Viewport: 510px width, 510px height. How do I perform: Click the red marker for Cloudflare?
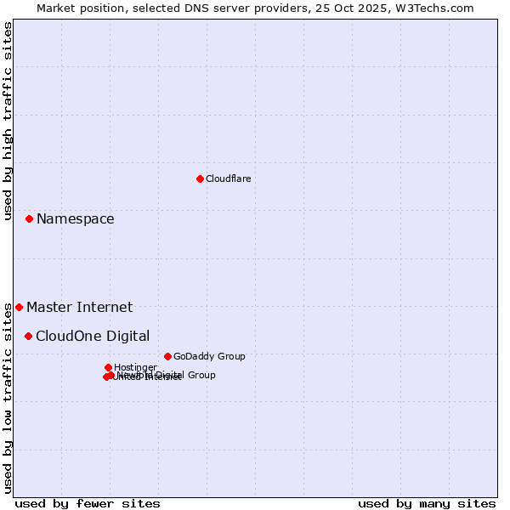(x=200, y=178)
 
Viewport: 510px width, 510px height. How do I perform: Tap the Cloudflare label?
(x=228, y=178)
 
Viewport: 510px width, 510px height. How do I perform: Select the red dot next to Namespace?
(x=29, y=218)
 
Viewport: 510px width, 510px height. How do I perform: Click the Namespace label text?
(x=75, y=219)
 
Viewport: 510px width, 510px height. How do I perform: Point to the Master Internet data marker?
(x=19, y=307)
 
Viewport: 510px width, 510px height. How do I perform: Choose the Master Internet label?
(x=79, y=308)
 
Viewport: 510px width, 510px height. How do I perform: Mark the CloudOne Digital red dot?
(x=28, y=336)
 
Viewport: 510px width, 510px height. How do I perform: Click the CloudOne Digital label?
(x=93, y=336)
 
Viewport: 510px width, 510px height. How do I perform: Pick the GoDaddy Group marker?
(x=167, y=356)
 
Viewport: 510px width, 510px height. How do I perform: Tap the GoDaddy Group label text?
(x=209, y=356)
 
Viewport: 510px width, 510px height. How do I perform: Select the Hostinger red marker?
(x=108, y=367)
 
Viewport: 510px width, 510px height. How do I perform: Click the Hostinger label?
(x=135, y=367)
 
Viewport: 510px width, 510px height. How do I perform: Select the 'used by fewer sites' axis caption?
(x=88, y=503)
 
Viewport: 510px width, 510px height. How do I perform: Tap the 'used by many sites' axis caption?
(x=427, y=503)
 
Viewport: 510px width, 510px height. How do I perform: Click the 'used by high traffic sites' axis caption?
(x=8, y=121)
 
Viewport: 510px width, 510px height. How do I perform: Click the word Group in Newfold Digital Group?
(x=201, y=375)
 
